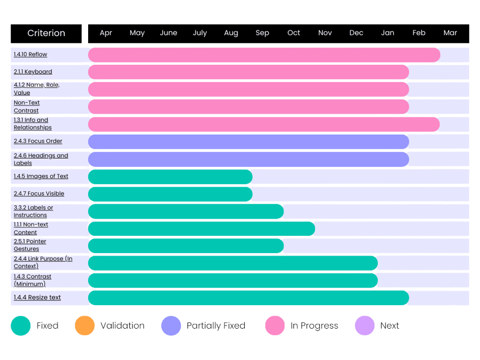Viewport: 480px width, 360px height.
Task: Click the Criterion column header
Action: (46, 33)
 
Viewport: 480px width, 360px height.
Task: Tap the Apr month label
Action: (106, 33)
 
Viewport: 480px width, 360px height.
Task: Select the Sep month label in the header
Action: (262, 33)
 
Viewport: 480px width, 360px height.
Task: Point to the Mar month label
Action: (450, 33)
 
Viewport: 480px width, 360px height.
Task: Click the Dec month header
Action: (356, 33)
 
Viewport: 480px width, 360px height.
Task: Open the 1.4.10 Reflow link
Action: (30, 54)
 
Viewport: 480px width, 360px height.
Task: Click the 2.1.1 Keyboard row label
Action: (33, 72)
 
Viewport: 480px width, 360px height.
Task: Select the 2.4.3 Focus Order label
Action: (38, 141)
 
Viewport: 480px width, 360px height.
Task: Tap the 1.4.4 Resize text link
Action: (37, 297)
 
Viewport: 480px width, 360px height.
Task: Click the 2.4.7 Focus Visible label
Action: (39, 194)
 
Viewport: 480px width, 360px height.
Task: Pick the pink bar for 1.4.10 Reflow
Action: (263, 55)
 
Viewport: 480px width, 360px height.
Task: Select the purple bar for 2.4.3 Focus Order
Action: (248, 142)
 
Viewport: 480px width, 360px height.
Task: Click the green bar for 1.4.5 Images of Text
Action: (170, 177)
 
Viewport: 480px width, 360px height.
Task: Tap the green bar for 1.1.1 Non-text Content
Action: (201, 229)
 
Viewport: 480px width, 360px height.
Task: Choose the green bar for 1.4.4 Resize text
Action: (248, 298)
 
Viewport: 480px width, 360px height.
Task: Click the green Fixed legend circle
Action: (21, 326)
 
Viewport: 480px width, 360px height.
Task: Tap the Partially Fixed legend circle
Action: (171, 326)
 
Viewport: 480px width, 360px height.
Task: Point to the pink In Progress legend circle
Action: (274, 326)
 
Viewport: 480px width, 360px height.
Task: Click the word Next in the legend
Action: (390, 326)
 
